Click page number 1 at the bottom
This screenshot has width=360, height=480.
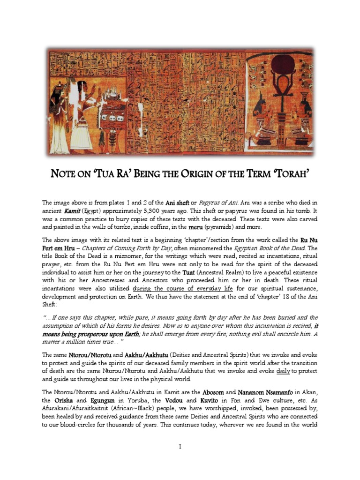(180, 447)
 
